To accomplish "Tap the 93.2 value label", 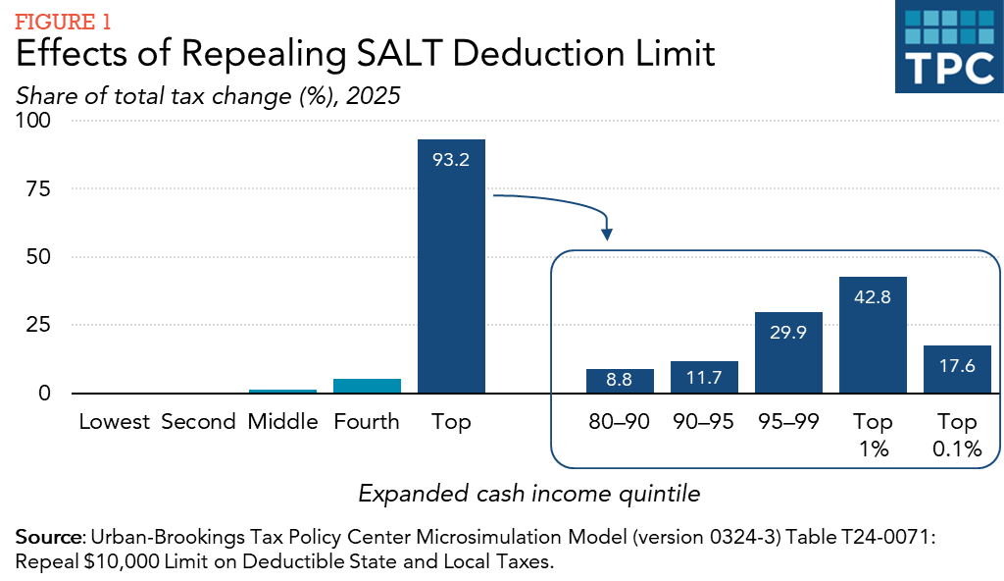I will (451, 159).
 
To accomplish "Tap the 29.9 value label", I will (788, 333).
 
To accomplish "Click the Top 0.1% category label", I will (957, 435).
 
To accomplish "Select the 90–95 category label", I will (704, 422).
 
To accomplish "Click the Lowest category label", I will (115, 422).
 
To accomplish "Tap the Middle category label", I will (282, 422).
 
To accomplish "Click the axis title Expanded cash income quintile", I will (529, 494).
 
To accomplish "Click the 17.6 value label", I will (957, 366).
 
